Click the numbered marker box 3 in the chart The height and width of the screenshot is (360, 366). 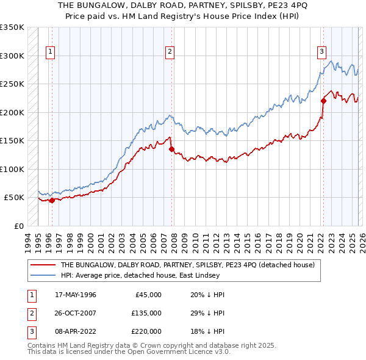pos(321,52)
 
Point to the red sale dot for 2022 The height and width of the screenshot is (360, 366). pos(323,101)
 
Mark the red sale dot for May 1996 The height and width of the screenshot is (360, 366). pos(52,200)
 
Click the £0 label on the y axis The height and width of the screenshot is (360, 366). pos(18,226)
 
